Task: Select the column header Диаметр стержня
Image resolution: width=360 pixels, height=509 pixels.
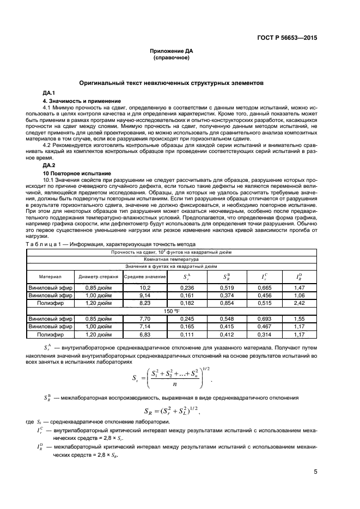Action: tap(98, 277)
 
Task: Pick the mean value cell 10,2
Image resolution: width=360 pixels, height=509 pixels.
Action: tap(145, 287)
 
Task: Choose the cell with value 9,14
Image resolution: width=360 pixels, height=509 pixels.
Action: tap(145, 295)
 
